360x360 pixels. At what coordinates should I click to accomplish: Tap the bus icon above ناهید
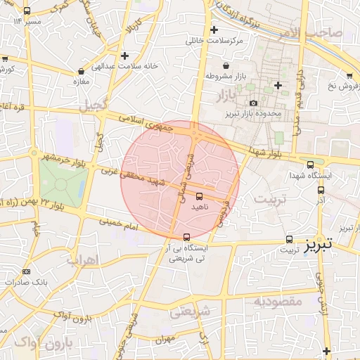pyautogui.click(x=199, y=195)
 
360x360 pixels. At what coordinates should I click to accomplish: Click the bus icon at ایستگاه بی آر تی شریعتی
pyautogui.click(x=186, y=237)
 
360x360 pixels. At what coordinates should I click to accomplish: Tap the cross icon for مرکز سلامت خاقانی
pyautogui.click(x=214, y=30)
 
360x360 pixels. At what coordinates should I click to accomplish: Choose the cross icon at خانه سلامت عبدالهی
pyautogui.click(x=124, y=55)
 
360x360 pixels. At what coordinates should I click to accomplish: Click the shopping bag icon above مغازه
pyautogui.click(x=82, y=71)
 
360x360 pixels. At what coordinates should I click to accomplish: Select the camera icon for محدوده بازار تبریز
pyautogui.click(x=253, y=103)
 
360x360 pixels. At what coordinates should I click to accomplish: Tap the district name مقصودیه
pyautogui.click(x=278, y=301)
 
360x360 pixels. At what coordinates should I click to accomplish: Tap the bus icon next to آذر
pyautogui.click(x=321, y=189)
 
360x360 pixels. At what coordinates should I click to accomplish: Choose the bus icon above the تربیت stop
pyautogui.click(x=290, y=239)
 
